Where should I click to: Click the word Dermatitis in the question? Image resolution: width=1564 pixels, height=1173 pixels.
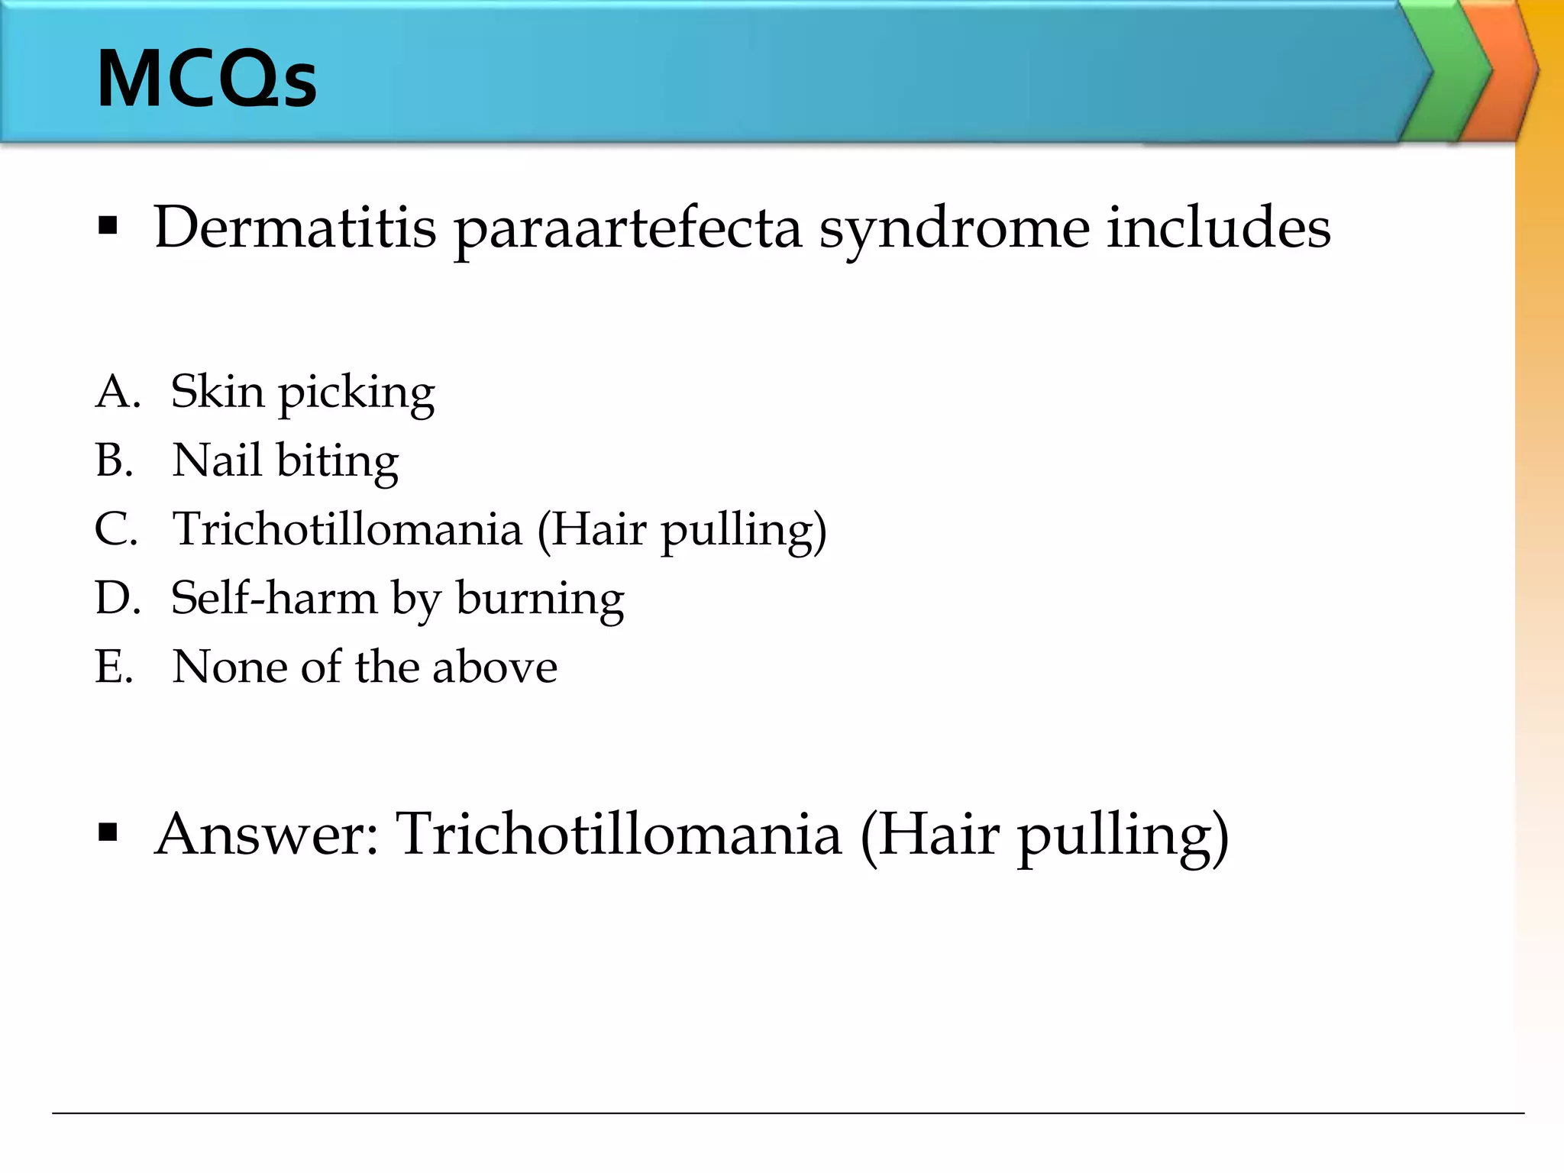(x=295, y=228)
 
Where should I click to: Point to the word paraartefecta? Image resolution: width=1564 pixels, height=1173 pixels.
(x=628, y=228)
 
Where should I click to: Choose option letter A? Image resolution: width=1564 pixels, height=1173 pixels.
(x=116, y=392)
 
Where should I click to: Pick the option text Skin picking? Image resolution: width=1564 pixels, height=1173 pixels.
(x=302, y=393)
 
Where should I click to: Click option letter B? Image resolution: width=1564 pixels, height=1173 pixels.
(x=115, y=460)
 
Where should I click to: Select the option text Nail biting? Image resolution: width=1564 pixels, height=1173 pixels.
(x=285, y=461)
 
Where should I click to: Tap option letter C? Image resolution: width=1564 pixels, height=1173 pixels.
(x=116, y=529)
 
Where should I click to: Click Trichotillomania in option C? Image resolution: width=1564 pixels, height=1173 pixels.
(x=347, y=529)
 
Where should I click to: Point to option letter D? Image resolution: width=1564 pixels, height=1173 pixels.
(x=117, y=598)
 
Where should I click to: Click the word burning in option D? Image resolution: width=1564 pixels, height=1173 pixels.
(x=540, y=599)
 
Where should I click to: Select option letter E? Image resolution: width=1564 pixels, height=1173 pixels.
(x=115, y=667)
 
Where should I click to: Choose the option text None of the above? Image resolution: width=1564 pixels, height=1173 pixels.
(x=364, y=667)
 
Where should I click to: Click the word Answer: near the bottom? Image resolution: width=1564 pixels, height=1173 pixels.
(x=267, y=834)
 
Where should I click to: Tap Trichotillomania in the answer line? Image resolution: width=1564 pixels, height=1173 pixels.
(x=619, y=834)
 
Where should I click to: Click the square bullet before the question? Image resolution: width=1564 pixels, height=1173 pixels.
(x=108, y=226)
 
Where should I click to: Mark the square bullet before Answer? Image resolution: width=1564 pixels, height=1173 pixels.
(x=108, y=832)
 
